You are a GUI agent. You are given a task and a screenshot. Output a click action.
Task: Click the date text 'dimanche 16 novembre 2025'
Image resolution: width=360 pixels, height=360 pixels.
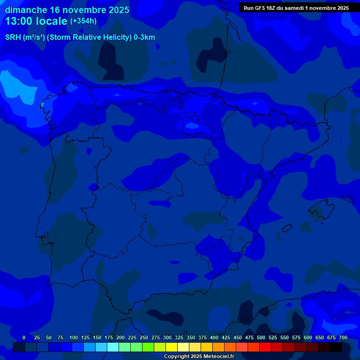pos(67,10)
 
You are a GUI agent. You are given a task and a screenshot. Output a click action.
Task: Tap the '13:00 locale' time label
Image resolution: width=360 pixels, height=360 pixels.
pos(36,21)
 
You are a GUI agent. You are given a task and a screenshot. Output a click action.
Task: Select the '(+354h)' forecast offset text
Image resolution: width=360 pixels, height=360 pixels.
pos(83,21)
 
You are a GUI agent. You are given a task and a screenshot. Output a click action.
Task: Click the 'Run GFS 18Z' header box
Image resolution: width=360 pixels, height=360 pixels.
pos(296,8)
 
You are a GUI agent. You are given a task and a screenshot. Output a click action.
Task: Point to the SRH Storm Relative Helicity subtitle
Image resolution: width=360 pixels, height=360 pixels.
pos(80,37)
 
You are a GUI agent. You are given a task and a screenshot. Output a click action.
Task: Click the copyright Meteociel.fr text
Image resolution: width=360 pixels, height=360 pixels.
pos(199,356)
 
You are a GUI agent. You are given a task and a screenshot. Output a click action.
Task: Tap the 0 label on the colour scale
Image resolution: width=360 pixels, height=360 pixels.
pos(24,337)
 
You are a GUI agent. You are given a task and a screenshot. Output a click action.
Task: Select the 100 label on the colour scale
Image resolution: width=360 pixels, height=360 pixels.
pos(73,337)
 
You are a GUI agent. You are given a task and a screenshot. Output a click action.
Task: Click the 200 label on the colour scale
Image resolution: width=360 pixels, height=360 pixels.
pos(120,337)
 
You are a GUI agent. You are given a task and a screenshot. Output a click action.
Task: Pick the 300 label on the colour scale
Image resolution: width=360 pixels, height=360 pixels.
pos(167,337)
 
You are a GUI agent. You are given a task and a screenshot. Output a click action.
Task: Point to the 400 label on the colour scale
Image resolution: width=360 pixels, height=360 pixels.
pos(214,337)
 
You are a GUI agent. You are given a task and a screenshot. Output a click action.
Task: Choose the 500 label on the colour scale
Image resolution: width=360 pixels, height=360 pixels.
pos(261,337)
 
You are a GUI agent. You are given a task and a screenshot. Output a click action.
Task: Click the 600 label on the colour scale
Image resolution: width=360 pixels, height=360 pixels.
pos(307,337)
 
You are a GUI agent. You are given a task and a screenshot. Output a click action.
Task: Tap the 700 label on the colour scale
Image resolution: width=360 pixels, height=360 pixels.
pos(343,337)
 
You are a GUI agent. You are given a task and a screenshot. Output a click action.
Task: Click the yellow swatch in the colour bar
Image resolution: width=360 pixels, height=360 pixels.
pos(172,347)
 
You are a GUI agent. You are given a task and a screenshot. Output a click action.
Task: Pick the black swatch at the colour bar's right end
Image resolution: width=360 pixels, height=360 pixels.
pos(336,347)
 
